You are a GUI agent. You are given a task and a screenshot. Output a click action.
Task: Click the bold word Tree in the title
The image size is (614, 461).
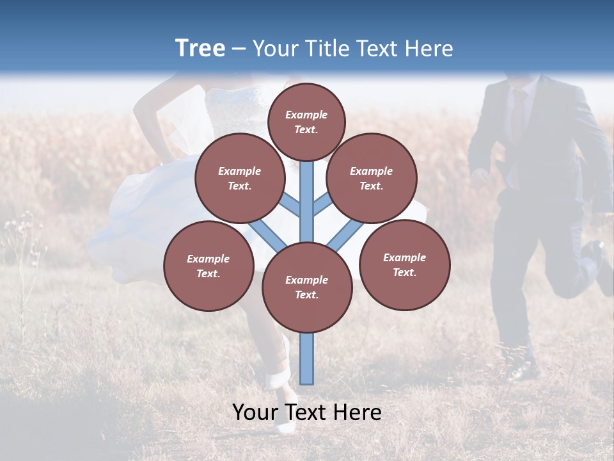point(200,49)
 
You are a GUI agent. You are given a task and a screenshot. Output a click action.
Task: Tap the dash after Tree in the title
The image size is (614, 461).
point(239,49)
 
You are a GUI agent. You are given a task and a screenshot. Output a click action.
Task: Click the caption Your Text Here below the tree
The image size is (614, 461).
point(307,412)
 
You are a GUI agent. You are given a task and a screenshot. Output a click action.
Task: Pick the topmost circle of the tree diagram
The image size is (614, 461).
point(306,122)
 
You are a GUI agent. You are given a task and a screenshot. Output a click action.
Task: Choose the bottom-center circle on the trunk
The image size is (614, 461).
point(307,287)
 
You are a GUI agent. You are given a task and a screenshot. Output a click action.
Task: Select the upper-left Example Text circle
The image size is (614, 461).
point(240,178)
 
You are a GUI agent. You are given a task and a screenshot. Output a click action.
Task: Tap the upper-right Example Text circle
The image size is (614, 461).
point(372,178)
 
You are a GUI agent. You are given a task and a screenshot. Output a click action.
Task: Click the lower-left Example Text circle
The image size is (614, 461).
point(209,266)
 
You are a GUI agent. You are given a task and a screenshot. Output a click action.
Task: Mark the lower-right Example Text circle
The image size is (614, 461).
point(404,264)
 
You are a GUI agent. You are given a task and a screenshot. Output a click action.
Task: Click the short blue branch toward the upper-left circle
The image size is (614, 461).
point(292,206)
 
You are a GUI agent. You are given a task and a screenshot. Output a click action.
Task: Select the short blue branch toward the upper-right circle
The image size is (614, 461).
point(322,206)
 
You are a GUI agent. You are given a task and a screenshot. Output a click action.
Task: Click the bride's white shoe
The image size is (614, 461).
point(278,378)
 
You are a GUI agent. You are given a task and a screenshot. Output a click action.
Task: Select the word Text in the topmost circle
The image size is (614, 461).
point(306,129)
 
